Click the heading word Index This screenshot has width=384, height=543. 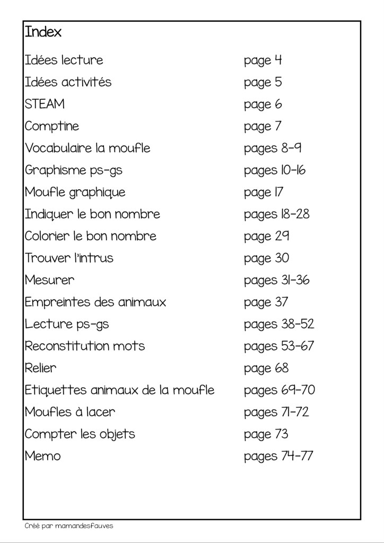tap(43, 32)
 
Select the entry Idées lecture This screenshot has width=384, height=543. tap(64, 60)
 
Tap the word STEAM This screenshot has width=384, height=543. tap(45, 104)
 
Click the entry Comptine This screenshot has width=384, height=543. tap(51, 127)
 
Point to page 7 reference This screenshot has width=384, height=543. tap(263, 127)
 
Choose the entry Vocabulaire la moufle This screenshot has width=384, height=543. tap(88, 148)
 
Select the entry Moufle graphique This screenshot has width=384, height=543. tap(75, 192)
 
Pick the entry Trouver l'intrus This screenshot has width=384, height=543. tap(69, 258)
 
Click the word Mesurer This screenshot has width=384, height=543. tap(49, 280)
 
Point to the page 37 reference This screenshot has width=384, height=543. tap(266, 302)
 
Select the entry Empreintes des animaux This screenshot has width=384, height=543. tap(95, 302)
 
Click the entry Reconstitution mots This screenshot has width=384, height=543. tap(85, 346)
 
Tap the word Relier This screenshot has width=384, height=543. tap(40, 368)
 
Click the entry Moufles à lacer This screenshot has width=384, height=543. tap(69, 412)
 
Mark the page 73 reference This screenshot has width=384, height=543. tap(266, 434)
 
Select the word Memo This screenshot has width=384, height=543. tap(42, 456)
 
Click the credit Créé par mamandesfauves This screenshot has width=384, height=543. tap(69, 526)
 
